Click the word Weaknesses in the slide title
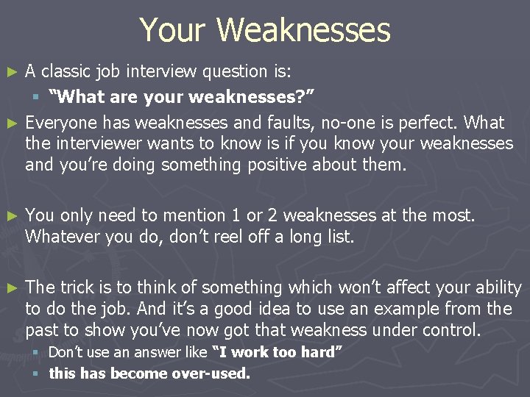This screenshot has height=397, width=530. tap(303, 30)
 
